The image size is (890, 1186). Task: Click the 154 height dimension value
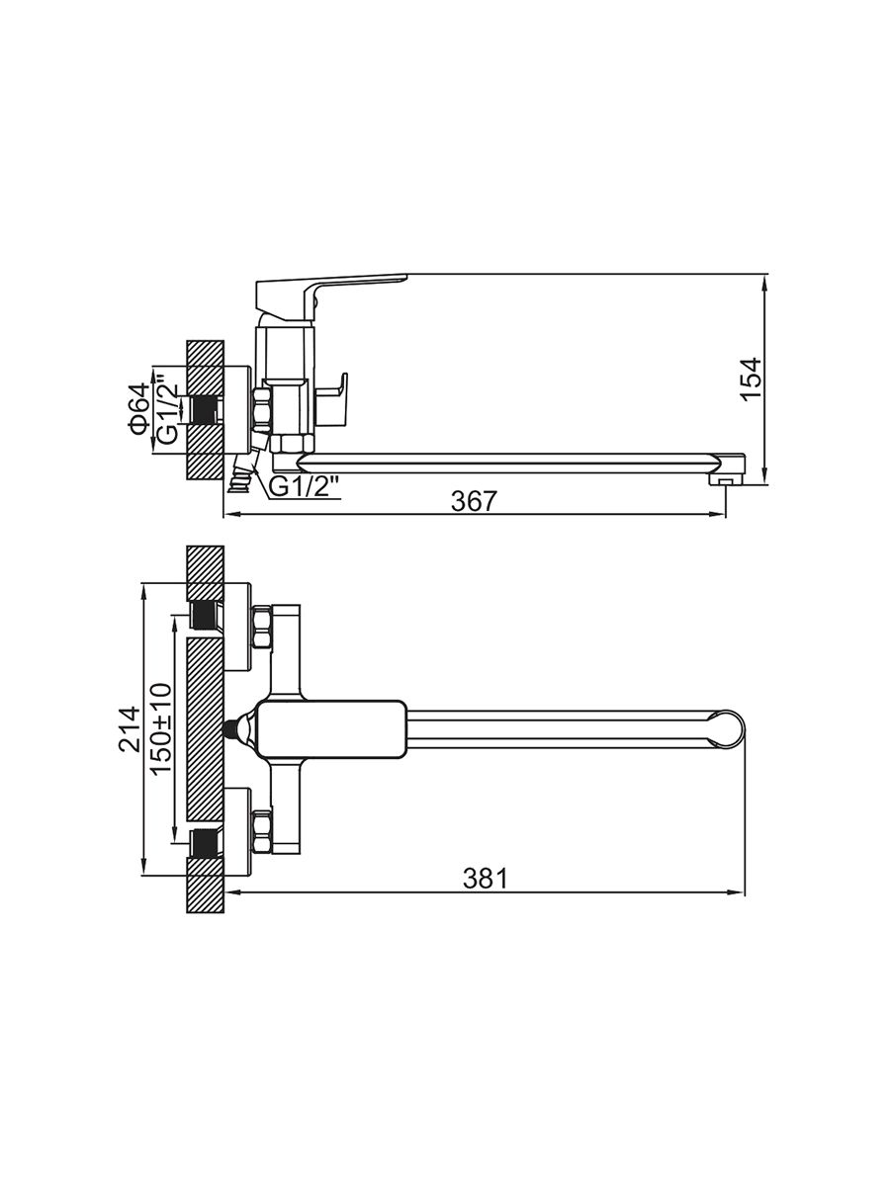click(x=752, y=379)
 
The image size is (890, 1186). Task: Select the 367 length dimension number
click(x=474, y=502)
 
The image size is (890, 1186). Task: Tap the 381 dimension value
click(x=486, y=879)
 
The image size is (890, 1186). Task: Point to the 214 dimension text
click(x=130, y=729)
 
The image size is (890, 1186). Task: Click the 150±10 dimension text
click(x=161, y=730)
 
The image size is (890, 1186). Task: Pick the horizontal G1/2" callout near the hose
click(x=305, y=487)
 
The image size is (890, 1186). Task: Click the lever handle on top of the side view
click(x=330, y=296)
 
